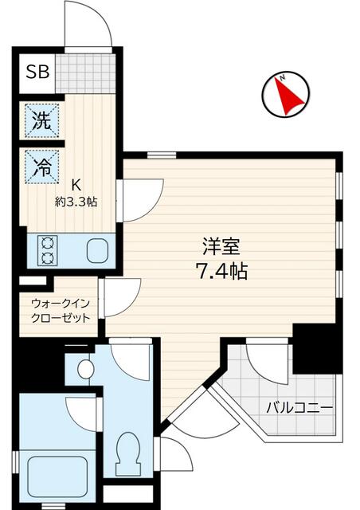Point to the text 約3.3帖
coord(77,202)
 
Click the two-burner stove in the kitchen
coord(46,250)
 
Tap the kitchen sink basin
coord(98,249)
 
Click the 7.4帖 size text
coord(221,272)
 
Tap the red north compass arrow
coord(288,95)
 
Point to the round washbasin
coord(85,369)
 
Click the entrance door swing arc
coord(88,24)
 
